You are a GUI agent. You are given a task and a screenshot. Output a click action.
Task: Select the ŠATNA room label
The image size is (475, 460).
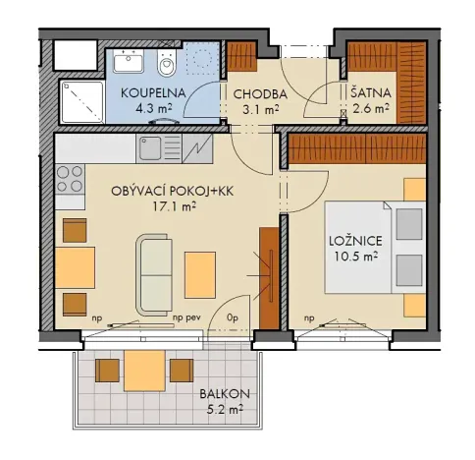370,93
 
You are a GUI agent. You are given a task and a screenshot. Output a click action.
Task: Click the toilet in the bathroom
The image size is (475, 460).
168,66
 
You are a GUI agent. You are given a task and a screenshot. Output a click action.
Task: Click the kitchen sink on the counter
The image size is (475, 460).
150,150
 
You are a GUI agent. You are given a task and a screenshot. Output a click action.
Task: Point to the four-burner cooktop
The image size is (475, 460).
70,179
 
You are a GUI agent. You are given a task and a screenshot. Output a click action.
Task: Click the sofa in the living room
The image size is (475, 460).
156,273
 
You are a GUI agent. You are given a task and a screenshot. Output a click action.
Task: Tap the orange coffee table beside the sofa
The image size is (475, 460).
200,272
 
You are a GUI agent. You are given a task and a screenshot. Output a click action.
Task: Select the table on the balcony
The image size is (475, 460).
145,371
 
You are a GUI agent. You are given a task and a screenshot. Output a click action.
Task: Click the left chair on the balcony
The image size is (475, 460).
107,370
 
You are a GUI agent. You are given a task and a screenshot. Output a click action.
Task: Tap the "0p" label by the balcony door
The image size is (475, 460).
233,319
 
